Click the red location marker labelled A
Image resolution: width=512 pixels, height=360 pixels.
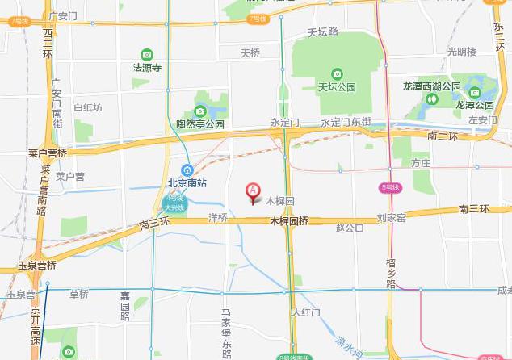point(252,191)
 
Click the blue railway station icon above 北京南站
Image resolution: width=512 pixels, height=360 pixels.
point(187,170)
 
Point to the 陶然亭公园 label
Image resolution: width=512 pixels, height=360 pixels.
point(200,124)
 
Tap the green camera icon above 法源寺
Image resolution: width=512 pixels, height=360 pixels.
point(147,55)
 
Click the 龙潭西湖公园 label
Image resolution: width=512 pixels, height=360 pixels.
point(432,86)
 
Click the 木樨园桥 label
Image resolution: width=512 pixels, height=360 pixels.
point(288,220)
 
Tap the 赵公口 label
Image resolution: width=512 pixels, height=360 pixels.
point(350,228)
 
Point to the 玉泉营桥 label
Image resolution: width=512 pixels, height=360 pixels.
point(37,265)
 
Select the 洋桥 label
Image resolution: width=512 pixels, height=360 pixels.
point(218,218)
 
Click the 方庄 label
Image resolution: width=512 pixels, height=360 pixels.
point(420,162)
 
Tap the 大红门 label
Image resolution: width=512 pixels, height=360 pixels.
point(307,312)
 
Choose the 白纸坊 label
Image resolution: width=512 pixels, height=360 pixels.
point(87,107)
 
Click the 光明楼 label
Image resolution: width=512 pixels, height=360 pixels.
point(462,52)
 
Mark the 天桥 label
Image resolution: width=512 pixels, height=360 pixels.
point(250,53)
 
